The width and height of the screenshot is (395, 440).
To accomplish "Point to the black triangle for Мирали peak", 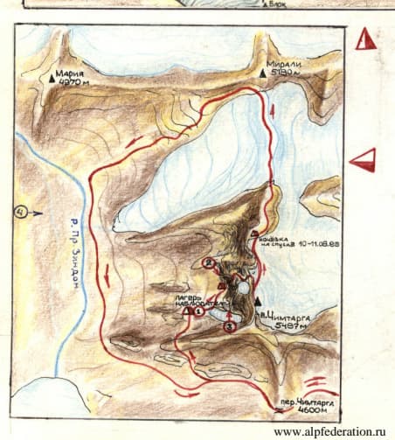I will click(263, 76).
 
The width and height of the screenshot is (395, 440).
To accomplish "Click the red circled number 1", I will click(198, 310).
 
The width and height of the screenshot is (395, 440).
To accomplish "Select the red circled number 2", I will click(208, 262).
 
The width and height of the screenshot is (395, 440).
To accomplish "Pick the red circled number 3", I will click(229, 326).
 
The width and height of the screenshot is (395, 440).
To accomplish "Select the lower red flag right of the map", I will click(362, 159).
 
